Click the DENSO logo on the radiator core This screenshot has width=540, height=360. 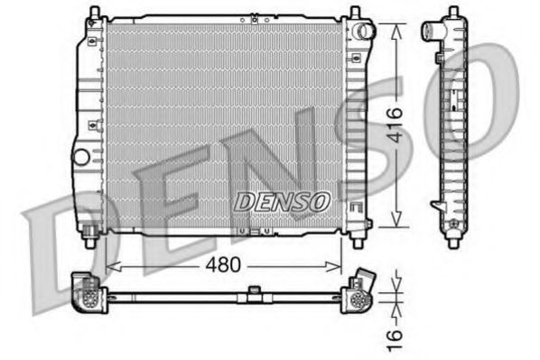click(282, 202)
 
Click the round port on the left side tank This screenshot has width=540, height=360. click(81, 155)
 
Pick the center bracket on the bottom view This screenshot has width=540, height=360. click(255, 291)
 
